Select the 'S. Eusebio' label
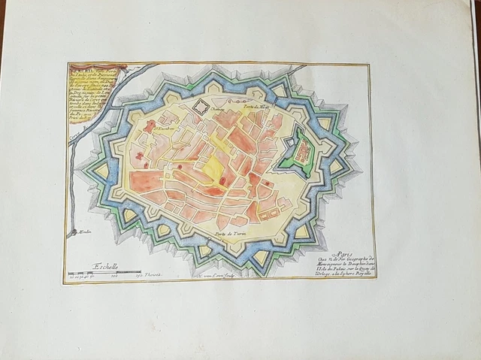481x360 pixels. pos(165,127)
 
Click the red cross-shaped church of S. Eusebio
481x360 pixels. pos(150,125)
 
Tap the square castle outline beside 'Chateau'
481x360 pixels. pos(201,108)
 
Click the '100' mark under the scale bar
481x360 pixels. pos(115,278)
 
